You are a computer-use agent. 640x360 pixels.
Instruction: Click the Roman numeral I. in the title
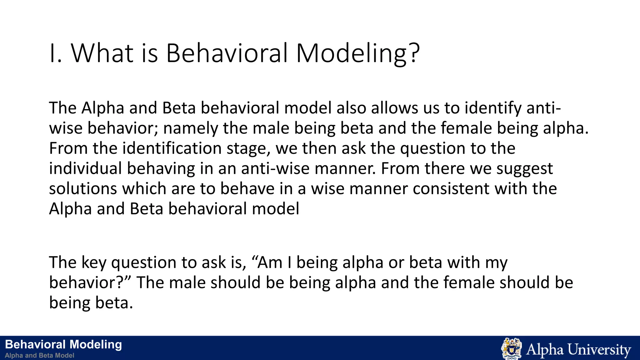pos(55,53)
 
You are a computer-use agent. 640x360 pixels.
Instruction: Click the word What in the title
pos(102,53)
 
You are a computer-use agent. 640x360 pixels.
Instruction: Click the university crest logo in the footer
pos(511,348)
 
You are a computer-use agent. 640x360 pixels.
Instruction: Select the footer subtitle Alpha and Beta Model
pos(39,355)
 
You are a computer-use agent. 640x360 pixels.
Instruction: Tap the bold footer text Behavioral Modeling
pos(63,344)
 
